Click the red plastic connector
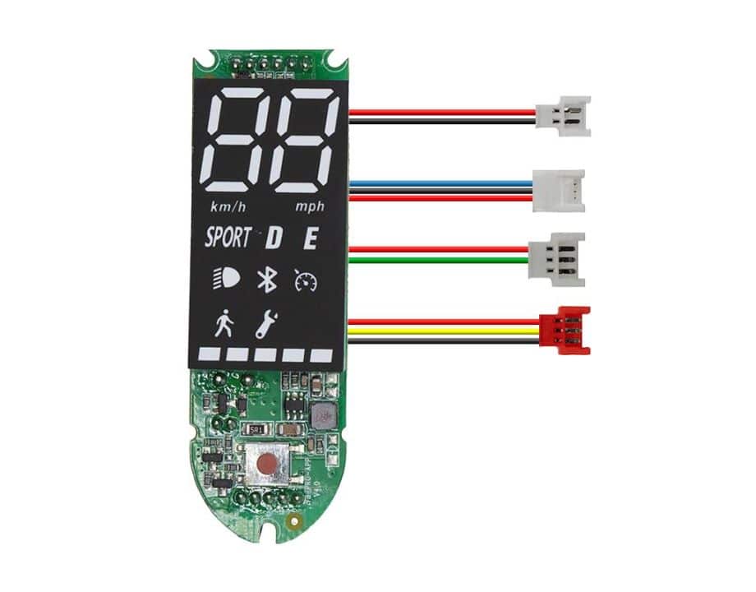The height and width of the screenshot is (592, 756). pyautogui.click(x=569, y=331)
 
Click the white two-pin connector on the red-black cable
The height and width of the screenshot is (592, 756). pyautogui.click(x=562, y=115)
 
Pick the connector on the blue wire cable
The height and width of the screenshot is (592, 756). pyautogui.click(x=559, y=191)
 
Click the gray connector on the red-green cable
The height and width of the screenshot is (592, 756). pyautogui.click(x=557, y=257)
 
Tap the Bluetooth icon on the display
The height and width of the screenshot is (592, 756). pyautogui.click(x=265, y=280)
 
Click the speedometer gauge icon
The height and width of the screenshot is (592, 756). pyautogui.click(x=305, y=281)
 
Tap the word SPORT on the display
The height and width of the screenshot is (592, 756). pyautogui.click(x=228, y=238)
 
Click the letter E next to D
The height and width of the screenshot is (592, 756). pyautogui.click(x=311, y=239)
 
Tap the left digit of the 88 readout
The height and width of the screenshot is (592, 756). pyautogui.click(x=237, y=139)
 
